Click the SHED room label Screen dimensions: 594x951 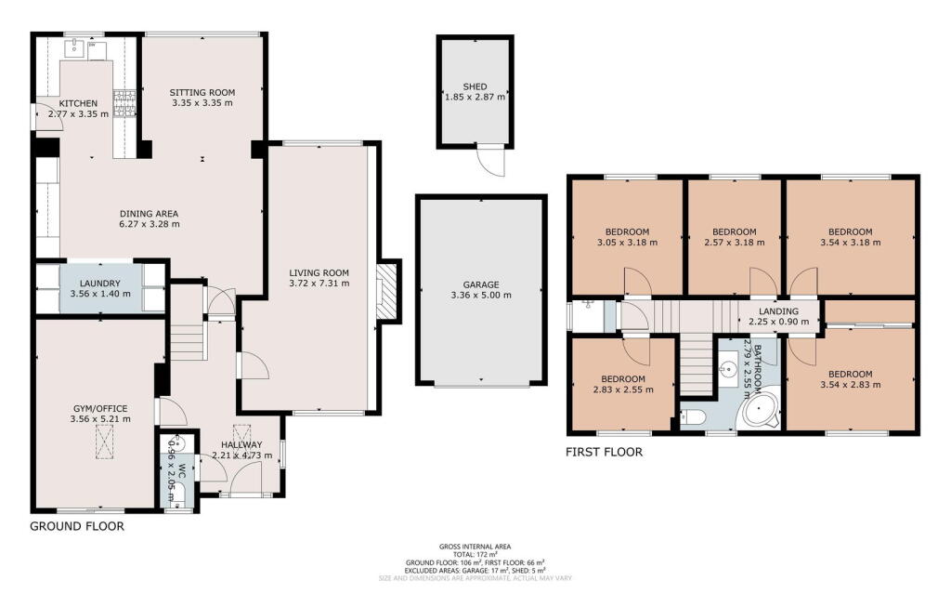[x=475, y=86]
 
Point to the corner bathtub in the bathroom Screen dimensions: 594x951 [x=762, y=411]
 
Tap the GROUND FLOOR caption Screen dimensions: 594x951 [x=77, y=526]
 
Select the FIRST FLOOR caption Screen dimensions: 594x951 [x=604, y=453]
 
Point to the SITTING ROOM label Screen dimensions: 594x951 [x=202, y=92]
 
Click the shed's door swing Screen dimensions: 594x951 [x=489, y=165]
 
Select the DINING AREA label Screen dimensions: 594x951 [x=149, y=213]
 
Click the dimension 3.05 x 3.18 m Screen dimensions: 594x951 [x=627, y=243]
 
